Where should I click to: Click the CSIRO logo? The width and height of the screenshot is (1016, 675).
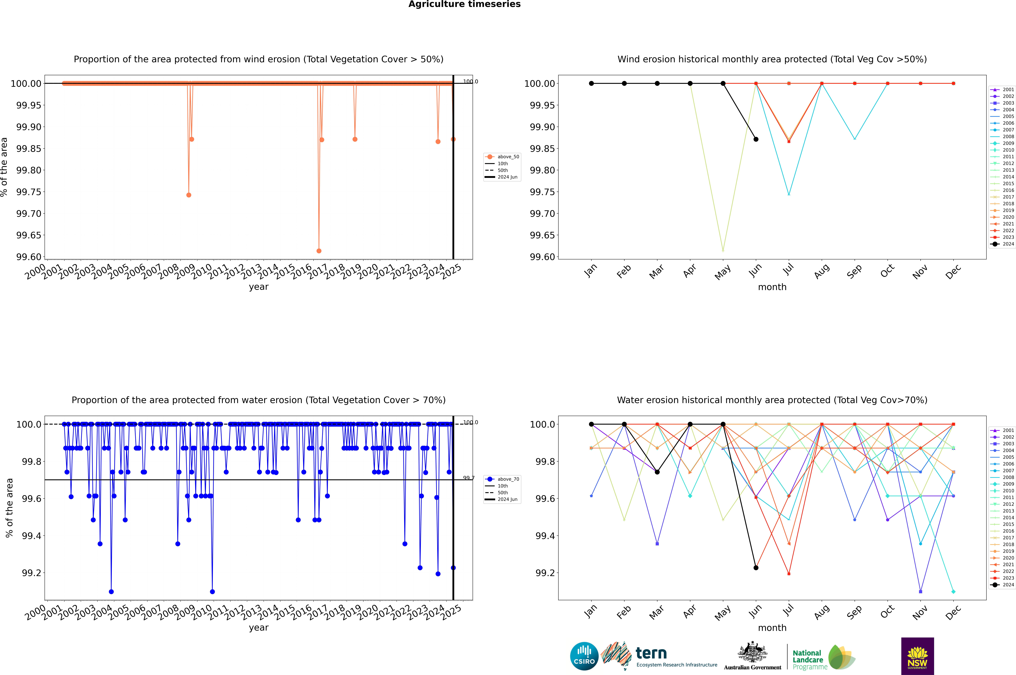584,656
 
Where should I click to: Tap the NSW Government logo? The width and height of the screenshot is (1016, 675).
917,656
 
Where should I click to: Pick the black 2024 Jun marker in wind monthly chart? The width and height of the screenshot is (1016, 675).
756,139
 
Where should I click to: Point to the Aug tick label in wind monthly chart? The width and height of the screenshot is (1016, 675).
821,271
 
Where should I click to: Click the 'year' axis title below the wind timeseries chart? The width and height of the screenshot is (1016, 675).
258,287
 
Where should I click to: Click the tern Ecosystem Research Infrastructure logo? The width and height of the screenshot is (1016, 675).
659,656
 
